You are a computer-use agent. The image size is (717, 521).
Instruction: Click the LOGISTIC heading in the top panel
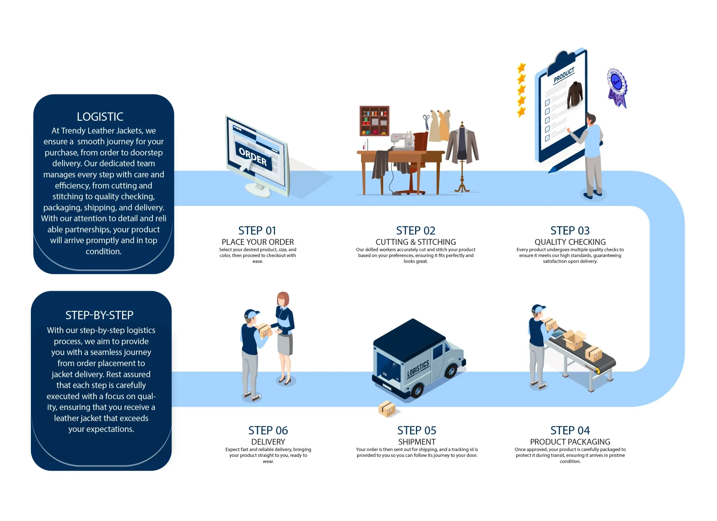click(x=100, y=117)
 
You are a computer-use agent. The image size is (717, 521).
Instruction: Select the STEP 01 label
click(x=257, y=231)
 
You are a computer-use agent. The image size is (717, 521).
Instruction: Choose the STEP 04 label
click(x=570, y=430)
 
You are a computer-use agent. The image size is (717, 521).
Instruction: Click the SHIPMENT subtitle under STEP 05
click(x=417, y=442)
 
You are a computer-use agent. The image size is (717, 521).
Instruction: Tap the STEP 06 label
click(x=268, y=430)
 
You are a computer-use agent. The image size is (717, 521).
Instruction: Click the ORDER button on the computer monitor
click(x=253, y=157)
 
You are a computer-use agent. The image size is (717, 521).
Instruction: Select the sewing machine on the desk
click(x=402, y=140)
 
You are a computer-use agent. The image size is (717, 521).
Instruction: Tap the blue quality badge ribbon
click(x=617, y=88)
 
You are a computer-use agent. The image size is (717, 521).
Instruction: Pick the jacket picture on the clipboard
click(x=575, y=94)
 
